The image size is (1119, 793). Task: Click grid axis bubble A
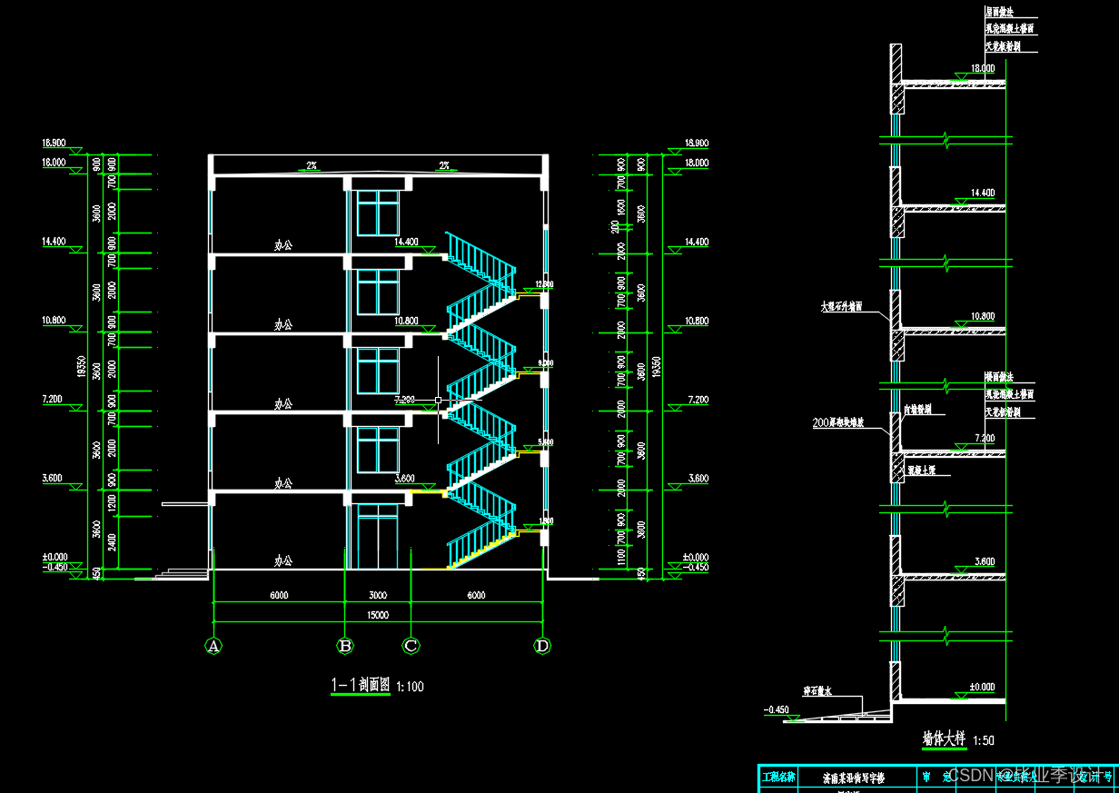[x=213, y=647]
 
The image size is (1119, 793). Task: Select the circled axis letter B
[x=345, y=647]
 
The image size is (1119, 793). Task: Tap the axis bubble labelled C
[x=411, y=647]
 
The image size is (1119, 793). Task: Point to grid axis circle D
[x=542, y=647]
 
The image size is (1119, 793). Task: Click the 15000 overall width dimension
[x=378, y=615]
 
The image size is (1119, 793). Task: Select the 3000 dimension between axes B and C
[x=378, y=596]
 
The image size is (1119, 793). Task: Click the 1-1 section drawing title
[x=361, y=686]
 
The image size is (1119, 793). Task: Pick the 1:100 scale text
[x=411, y=687]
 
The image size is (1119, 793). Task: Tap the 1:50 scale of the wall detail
[x=983, y=740]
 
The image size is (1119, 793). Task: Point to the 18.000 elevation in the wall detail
[x=983, y=68]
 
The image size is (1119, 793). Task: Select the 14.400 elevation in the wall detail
[x=983, y=193]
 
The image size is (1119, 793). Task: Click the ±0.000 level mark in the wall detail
[x=983, y=687]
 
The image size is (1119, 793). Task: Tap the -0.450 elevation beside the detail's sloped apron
[x=777, y=709]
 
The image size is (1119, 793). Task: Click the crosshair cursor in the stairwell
[x=439, y=400]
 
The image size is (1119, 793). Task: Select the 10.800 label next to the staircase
[x=406, y=322]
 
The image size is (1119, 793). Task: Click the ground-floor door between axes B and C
[x=378, y=540]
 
